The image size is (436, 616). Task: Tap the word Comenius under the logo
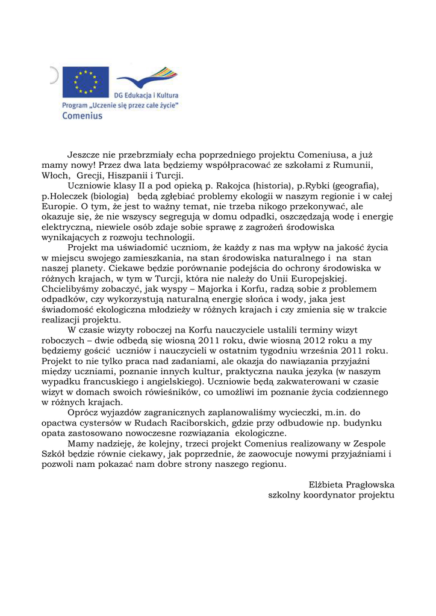(83, 115)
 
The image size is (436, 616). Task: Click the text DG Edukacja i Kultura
(146, 95)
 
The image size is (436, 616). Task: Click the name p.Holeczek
(64, 196)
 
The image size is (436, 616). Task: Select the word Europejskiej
(322, 279)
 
